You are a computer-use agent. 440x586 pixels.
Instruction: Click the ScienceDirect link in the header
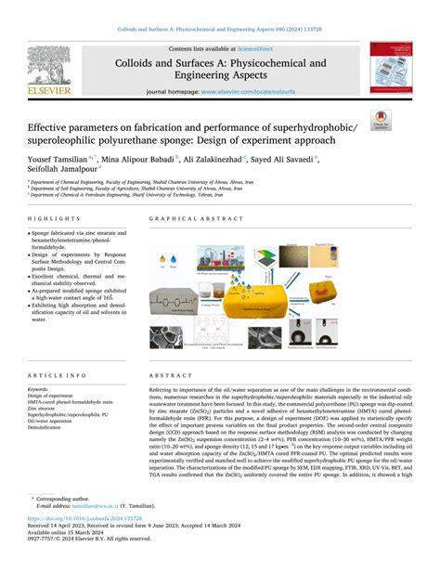pos(254,48)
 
